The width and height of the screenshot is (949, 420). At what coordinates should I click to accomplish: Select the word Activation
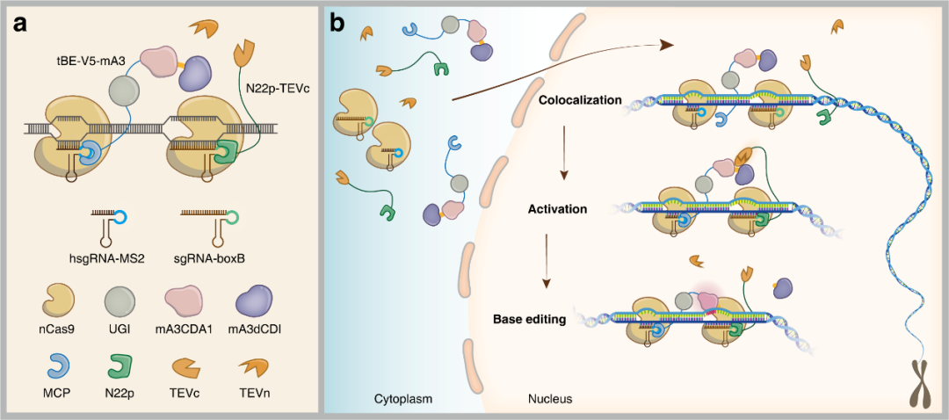pos(557,209)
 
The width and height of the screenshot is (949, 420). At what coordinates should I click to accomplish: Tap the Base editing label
pos(529,319)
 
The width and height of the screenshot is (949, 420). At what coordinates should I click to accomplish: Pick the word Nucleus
pos(547,399)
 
